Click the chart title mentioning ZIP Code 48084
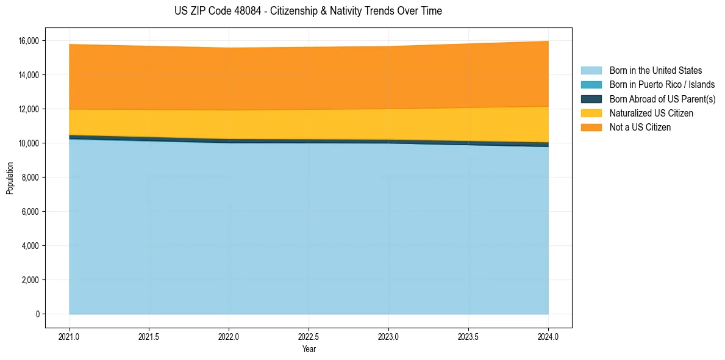click(308, 11)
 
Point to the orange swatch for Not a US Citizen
click(591, 128)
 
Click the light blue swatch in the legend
click(591, 71)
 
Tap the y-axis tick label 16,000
click(28, 41)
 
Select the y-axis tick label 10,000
click(28, 143)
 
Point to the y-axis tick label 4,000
click(30, 246)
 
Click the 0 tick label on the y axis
click(37, 314)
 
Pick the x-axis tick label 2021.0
click(70, 337)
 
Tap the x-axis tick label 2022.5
click(309, 337)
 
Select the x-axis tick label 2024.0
click(548, 337)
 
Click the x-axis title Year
click(309, 349)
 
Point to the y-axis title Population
click(10, 178)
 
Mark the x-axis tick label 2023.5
click(468, 337)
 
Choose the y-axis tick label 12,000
click(28, 109)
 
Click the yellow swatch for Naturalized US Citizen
click(591, 113)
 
